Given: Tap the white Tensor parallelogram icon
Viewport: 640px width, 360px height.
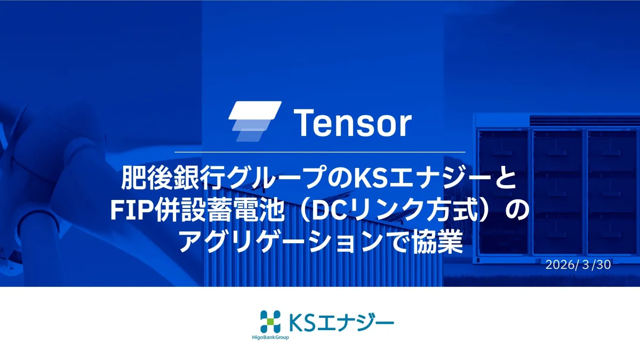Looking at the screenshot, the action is pos(255,121).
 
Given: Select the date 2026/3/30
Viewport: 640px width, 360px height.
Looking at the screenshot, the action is pos(578,265).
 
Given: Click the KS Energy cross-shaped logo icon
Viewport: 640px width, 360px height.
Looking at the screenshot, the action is pos(270,322).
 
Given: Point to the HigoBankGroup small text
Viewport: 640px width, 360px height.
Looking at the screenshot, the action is pos(270,338).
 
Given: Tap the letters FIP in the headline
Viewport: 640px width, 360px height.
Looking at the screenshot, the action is pos(132,210).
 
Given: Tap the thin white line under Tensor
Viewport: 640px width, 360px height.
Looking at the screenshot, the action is pos(319,153).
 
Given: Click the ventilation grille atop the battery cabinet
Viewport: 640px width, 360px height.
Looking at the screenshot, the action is pos(585,121).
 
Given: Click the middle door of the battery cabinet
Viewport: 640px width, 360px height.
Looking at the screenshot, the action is pos(558,192).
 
